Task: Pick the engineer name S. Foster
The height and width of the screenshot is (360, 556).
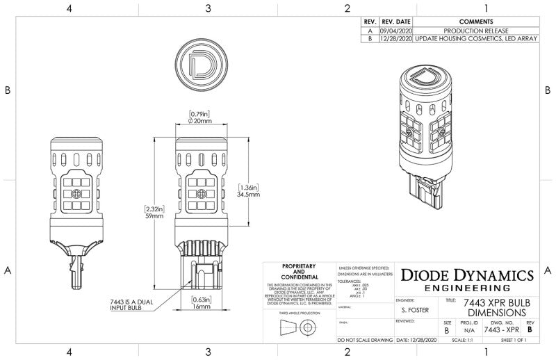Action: pos(415,311)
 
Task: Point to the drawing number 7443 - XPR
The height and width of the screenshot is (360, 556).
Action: pos(502,331)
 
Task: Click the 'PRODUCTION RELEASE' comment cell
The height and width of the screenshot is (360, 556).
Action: pos(476,31)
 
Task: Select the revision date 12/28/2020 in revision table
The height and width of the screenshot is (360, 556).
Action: pos(395,40)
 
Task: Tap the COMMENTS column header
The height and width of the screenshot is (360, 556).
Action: pos(476,22)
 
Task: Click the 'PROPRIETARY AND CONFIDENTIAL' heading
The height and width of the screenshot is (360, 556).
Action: pos(299,272)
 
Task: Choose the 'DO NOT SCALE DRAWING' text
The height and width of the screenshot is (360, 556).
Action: pos(364,341)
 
